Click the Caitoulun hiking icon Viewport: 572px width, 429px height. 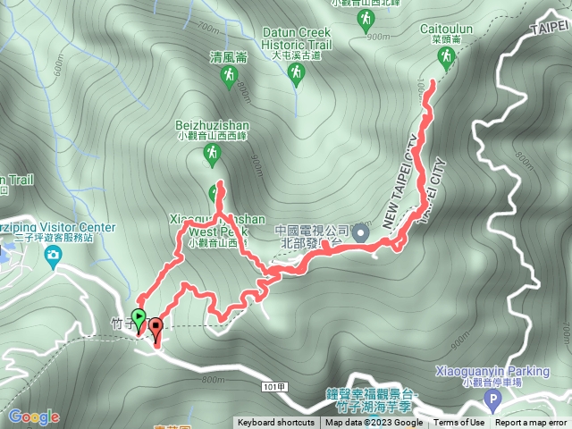tap(445, 58)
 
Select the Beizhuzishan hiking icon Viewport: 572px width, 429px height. tap(212, 156)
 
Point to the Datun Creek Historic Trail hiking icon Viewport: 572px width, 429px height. tap(297, 77)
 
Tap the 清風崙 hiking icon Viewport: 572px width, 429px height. tap(227, 77)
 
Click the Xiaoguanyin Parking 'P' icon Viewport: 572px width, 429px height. tap(491, 399)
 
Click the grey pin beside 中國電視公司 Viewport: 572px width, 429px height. tap(361, 232)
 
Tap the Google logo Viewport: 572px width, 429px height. tap(34, 416)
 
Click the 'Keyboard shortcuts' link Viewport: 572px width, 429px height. tap(276, 423)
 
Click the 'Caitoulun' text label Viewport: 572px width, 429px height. tap(445, 29)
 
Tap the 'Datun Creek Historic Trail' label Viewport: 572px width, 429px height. tap(297, 38)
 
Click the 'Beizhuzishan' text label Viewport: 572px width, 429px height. tap(212, 127)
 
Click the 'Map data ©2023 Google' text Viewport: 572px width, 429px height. tap(374, 423)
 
